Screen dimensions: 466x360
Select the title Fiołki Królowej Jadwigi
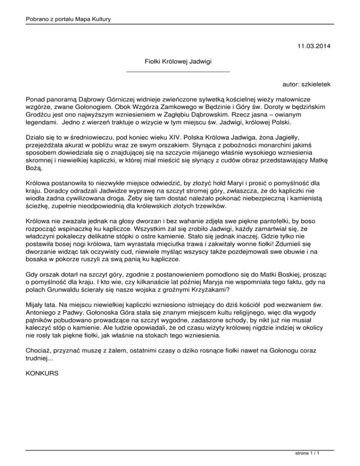(180, 61)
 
